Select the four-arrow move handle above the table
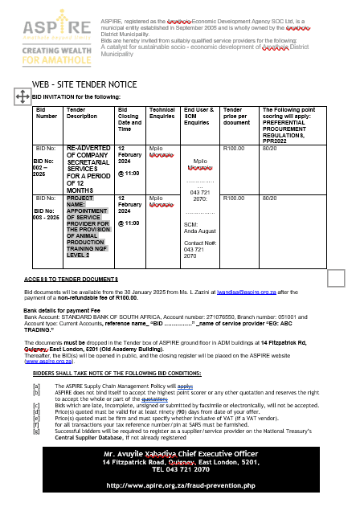pos(22,96)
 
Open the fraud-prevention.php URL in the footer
pos(180,485)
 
